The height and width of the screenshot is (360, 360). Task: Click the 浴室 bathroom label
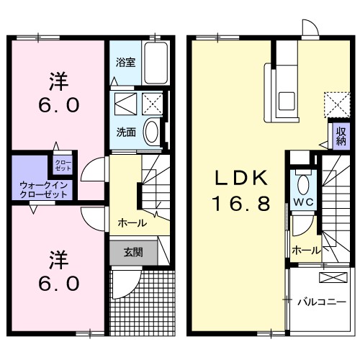point(125,62)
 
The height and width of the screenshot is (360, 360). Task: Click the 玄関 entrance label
point(132,252)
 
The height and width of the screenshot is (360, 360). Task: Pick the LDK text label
point(240,178)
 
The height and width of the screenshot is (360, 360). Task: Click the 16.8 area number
point(240,204)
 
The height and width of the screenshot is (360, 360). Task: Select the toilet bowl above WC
point(301,181)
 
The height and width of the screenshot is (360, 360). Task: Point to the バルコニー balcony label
point(322,301)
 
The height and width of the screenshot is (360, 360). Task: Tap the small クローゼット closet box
point(63,165)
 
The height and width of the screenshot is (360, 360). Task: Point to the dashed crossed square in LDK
point(333,102)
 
